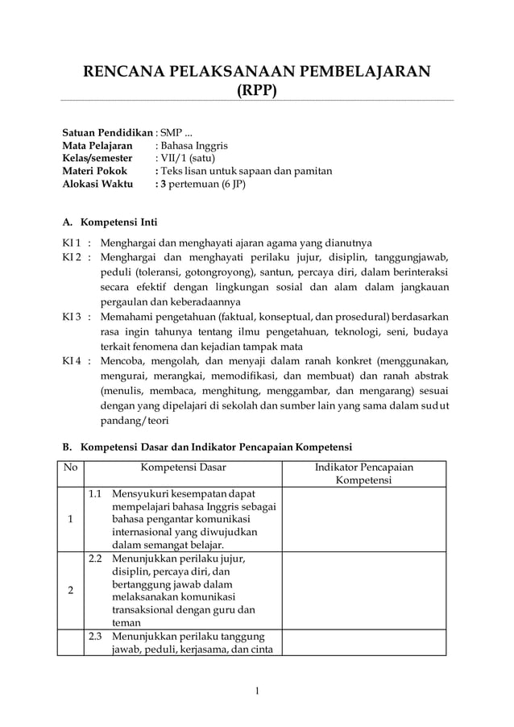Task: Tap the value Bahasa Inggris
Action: click(x=194, y=146)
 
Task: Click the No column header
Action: click(x=70, y=467)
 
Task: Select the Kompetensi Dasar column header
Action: click(x=183, y=467)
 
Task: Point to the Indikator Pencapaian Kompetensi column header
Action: click(x=369, y=473)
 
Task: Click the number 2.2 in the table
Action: click(x=95, y=558)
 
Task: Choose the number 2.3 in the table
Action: click(x=95, y=637)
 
